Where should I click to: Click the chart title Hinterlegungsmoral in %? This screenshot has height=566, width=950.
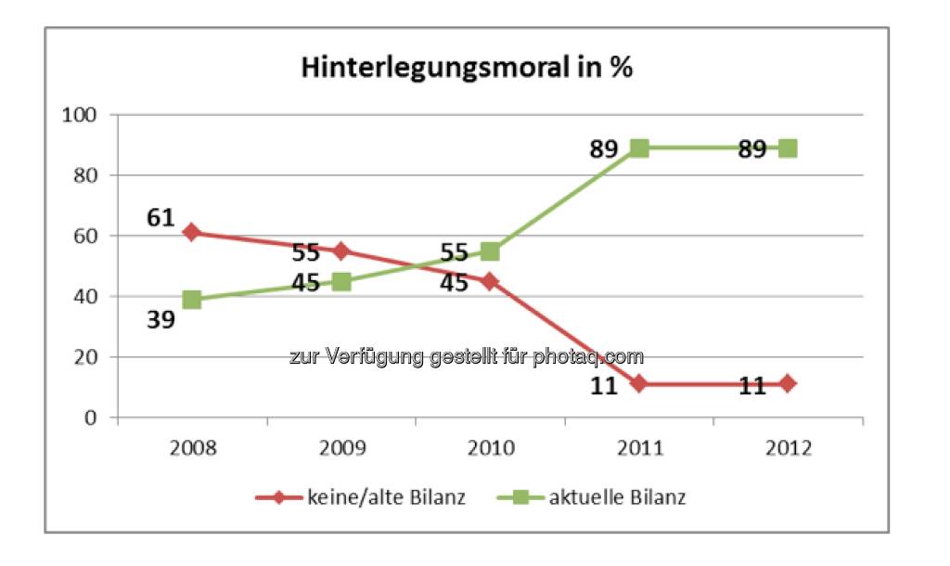pos(466,68)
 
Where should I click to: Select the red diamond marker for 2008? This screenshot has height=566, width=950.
pos(192,233)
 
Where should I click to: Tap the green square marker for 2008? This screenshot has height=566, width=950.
pos(192,299)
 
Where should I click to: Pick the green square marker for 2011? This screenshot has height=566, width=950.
pos(639,148)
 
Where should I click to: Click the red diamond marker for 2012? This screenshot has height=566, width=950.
pos(789,383)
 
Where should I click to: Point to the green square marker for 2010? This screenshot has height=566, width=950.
pos(490,251)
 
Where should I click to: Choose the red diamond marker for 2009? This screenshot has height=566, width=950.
pos(341,251)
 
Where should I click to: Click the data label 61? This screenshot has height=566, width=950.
pos(161,218)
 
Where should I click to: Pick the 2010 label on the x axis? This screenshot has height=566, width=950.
pos(490,449)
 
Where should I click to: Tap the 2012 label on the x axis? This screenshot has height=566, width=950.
pos(789,449)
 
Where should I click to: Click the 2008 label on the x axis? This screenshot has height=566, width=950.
pos(192,449)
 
